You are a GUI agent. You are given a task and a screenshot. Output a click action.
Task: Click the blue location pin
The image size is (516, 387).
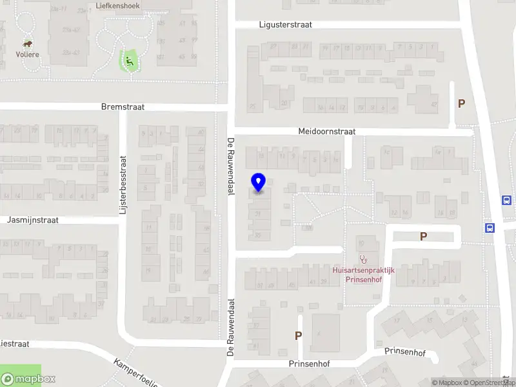[259, 183]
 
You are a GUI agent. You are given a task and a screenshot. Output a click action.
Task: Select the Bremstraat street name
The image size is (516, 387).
[123, 107]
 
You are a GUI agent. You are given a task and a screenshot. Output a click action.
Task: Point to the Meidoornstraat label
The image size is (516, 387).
[326, 132]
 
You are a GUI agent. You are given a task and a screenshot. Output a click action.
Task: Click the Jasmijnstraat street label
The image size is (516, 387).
[33, 220]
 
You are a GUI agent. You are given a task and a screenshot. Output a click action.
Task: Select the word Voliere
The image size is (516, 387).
[28, 54]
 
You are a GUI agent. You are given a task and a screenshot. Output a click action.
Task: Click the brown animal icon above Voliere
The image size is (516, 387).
[28, 44]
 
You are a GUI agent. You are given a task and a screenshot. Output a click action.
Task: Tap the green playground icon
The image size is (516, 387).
[129, 62]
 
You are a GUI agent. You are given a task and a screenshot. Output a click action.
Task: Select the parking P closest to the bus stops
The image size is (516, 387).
[423, 237]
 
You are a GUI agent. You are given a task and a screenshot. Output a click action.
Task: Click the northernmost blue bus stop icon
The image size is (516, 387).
[506, 200]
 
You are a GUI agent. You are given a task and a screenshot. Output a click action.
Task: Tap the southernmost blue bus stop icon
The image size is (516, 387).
[490, 227]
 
